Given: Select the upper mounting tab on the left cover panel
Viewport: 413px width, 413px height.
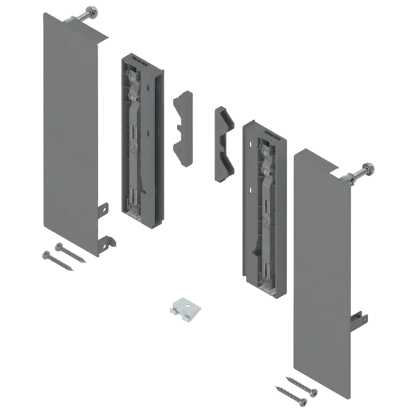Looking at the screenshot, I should click(103, 208).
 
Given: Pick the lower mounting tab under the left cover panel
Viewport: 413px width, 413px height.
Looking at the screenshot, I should click(110, 242).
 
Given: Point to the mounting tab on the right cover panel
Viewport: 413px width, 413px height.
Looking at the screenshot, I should click(361, 318).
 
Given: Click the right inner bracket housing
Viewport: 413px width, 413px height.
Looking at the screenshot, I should click(264, 204).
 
